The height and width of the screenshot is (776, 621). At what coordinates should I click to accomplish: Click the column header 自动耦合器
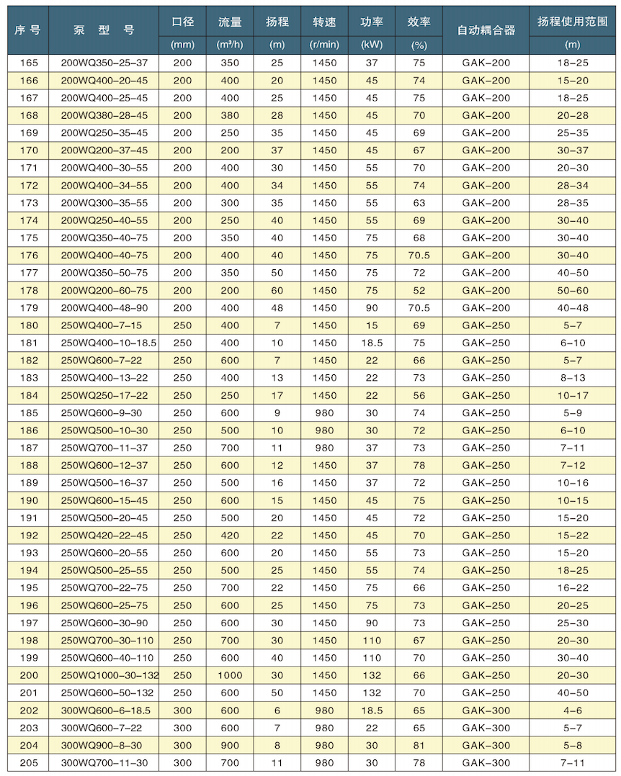pyautogui.click(x=486, y=30)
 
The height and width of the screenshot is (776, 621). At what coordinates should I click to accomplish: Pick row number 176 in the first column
pyautogui.click(x=30, y=255)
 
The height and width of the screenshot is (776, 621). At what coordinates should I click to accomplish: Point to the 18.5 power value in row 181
pyautogui.click(x=371, y=343)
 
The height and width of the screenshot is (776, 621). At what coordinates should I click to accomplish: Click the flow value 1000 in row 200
pyautogui.click(x=230, y=675)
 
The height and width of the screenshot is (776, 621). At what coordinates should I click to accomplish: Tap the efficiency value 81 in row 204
pyautogui.click(x=418, y=745)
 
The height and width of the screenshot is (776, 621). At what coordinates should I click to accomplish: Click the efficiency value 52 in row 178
pyautogui.click(x=418, y=290)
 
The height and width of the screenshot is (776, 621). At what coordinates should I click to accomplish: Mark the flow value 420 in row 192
pyautogui.click(x=230, y=535)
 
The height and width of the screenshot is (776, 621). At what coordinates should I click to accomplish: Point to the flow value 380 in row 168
pyautogui.click(x=230, y=115)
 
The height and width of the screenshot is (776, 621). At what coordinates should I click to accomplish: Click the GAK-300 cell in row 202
pyautogui.click(x=486, y=710)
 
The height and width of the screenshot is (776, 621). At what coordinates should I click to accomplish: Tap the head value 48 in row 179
pyautogui.click(x=278, y=307)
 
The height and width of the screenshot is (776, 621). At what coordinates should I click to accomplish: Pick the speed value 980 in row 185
pyautogui.click(x=325, y=412)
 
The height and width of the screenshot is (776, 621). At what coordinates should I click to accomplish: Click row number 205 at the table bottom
pyautogui.click(x=30, y=762)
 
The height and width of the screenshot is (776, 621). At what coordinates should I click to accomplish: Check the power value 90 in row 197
pyautogui.click(x=371, y=623)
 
